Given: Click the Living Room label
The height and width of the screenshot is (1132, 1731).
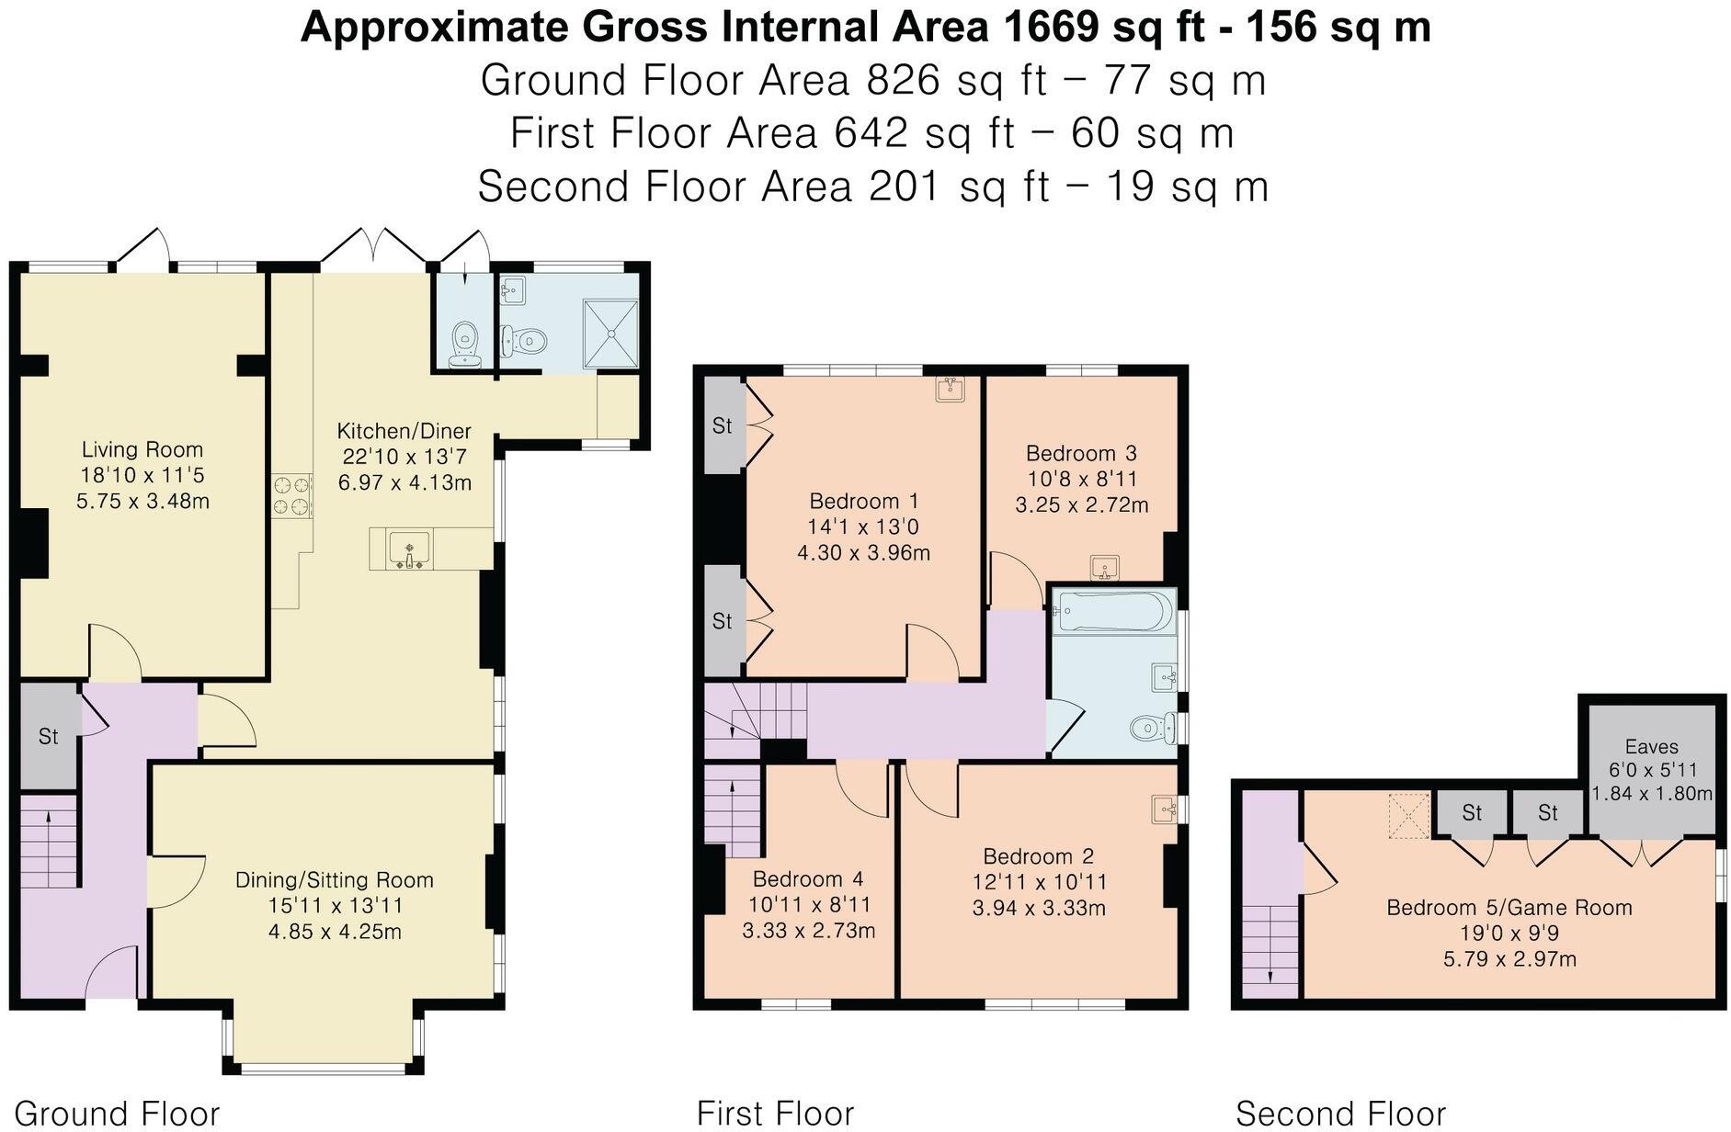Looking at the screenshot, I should point(142,449).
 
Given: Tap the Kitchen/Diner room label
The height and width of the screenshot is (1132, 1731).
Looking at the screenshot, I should point(404,431).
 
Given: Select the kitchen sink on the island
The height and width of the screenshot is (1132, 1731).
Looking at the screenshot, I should point(409,550).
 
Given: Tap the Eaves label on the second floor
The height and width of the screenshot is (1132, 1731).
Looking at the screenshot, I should point(1651,747).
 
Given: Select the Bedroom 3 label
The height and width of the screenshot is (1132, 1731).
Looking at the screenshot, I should point(1081,453).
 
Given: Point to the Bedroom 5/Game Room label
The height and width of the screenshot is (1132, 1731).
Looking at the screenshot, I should point(1509,908).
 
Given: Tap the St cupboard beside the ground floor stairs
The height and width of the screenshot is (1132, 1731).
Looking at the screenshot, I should point(49,736).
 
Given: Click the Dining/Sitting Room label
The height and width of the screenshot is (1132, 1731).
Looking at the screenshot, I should point(335,880).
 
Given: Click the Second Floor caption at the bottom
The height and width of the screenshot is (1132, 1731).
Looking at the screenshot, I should point(1340,1114).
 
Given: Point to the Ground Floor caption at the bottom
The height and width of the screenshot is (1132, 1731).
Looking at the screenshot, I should point(117,1114).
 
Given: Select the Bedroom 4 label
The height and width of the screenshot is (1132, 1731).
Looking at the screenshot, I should point(807,879).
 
